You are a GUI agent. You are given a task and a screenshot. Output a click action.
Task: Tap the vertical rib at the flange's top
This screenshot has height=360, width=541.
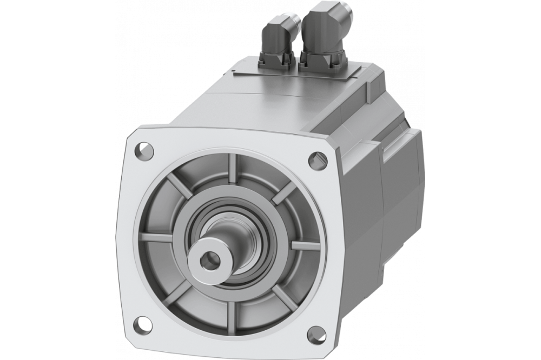(x=232, y=165)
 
